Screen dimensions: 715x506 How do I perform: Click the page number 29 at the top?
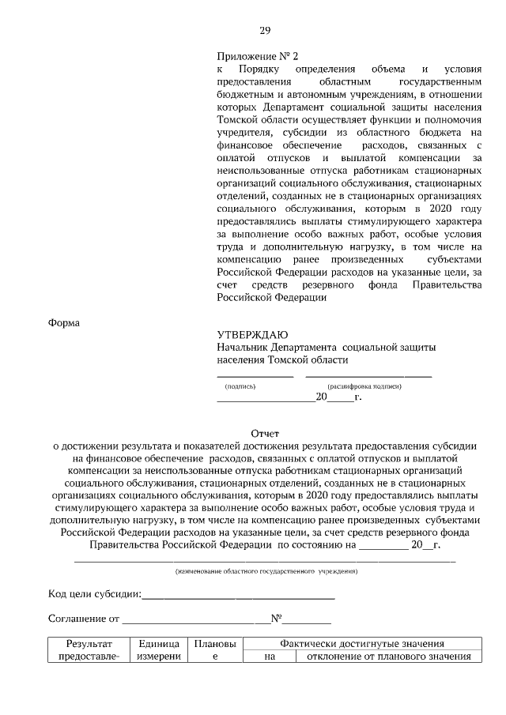point(265,31)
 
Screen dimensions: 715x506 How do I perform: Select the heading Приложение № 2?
point(258,56)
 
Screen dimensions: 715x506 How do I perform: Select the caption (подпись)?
point(240,386)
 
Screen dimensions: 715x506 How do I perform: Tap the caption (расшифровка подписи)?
point(364,386)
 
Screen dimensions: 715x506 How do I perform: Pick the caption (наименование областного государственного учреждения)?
point(266,570)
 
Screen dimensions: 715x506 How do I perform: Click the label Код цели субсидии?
point(94,593)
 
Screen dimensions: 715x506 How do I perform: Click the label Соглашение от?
point(84,618)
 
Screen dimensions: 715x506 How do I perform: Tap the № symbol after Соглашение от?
point(277,618)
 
